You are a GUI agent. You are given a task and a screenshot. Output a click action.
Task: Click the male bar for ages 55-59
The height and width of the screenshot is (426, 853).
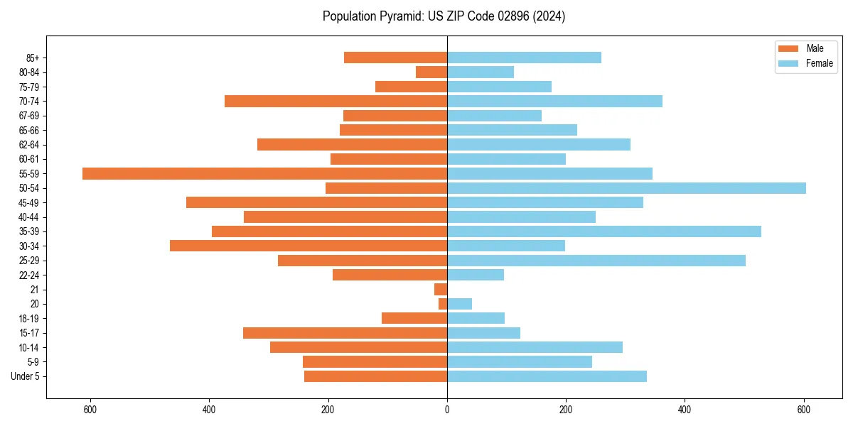point(264,173)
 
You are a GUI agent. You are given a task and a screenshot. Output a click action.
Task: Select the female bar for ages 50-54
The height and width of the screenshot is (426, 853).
point(626,188)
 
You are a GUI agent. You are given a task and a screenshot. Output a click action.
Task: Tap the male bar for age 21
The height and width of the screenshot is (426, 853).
point(441,289)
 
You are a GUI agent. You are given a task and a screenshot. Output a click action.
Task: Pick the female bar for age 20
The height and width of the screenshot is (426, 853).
point(459,304)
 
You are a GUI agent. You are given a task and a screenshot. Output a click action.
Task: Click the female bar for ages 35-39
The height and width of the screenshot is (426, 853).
point(603,231)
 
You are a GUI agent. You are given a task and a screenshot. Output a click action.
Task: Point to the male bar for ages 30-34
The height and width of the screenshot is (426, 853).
point(309,246)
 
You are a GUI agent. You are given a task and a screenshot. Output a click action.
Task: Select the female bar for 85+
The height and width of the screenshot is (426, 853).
point(524,58)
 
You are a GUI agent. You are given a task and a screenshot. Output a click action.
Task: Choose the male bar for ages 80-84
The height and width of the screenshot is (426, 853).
point(431,72)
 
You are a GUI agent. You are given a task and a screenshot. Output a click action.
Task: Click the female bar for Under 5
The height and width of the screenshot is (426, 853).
point(547,376)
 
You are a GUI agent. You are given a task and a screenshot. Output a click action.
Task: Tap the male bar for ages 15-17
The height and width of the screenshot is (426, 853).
point(345,333)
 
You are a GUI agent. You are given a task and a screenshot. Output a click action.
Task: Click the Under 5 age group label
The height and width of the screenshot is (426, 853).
point(26,376)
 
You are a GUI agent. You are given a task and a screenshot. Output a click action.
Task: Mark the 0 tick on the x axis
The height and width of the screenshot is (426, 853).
point(447,410)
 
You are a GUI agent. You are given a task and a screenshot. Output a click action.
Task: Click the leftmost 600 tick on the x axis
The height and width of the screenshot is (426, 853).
point(90,410)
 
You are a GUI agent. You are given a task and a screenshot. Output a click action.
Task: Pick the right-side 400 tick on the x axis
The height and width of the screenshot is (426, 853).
point(685,410)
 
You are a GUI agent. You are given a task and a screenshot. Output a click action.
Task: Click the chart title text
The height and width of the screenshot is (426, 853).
point(444,16)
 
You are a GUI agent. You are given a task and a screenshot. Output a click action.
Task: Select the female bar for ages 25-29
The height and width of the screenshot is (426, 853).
point(596,261)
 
